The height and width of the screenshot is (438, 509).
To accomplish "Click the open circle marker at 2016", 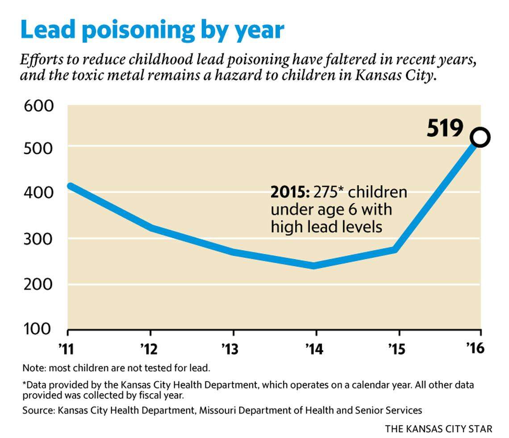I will pos(481,137).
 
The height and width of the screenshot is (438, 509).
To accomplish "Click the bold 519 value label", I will pos(445,128).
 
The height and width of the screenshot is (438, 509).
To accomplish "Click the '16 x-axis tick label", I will pos(476,348).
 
